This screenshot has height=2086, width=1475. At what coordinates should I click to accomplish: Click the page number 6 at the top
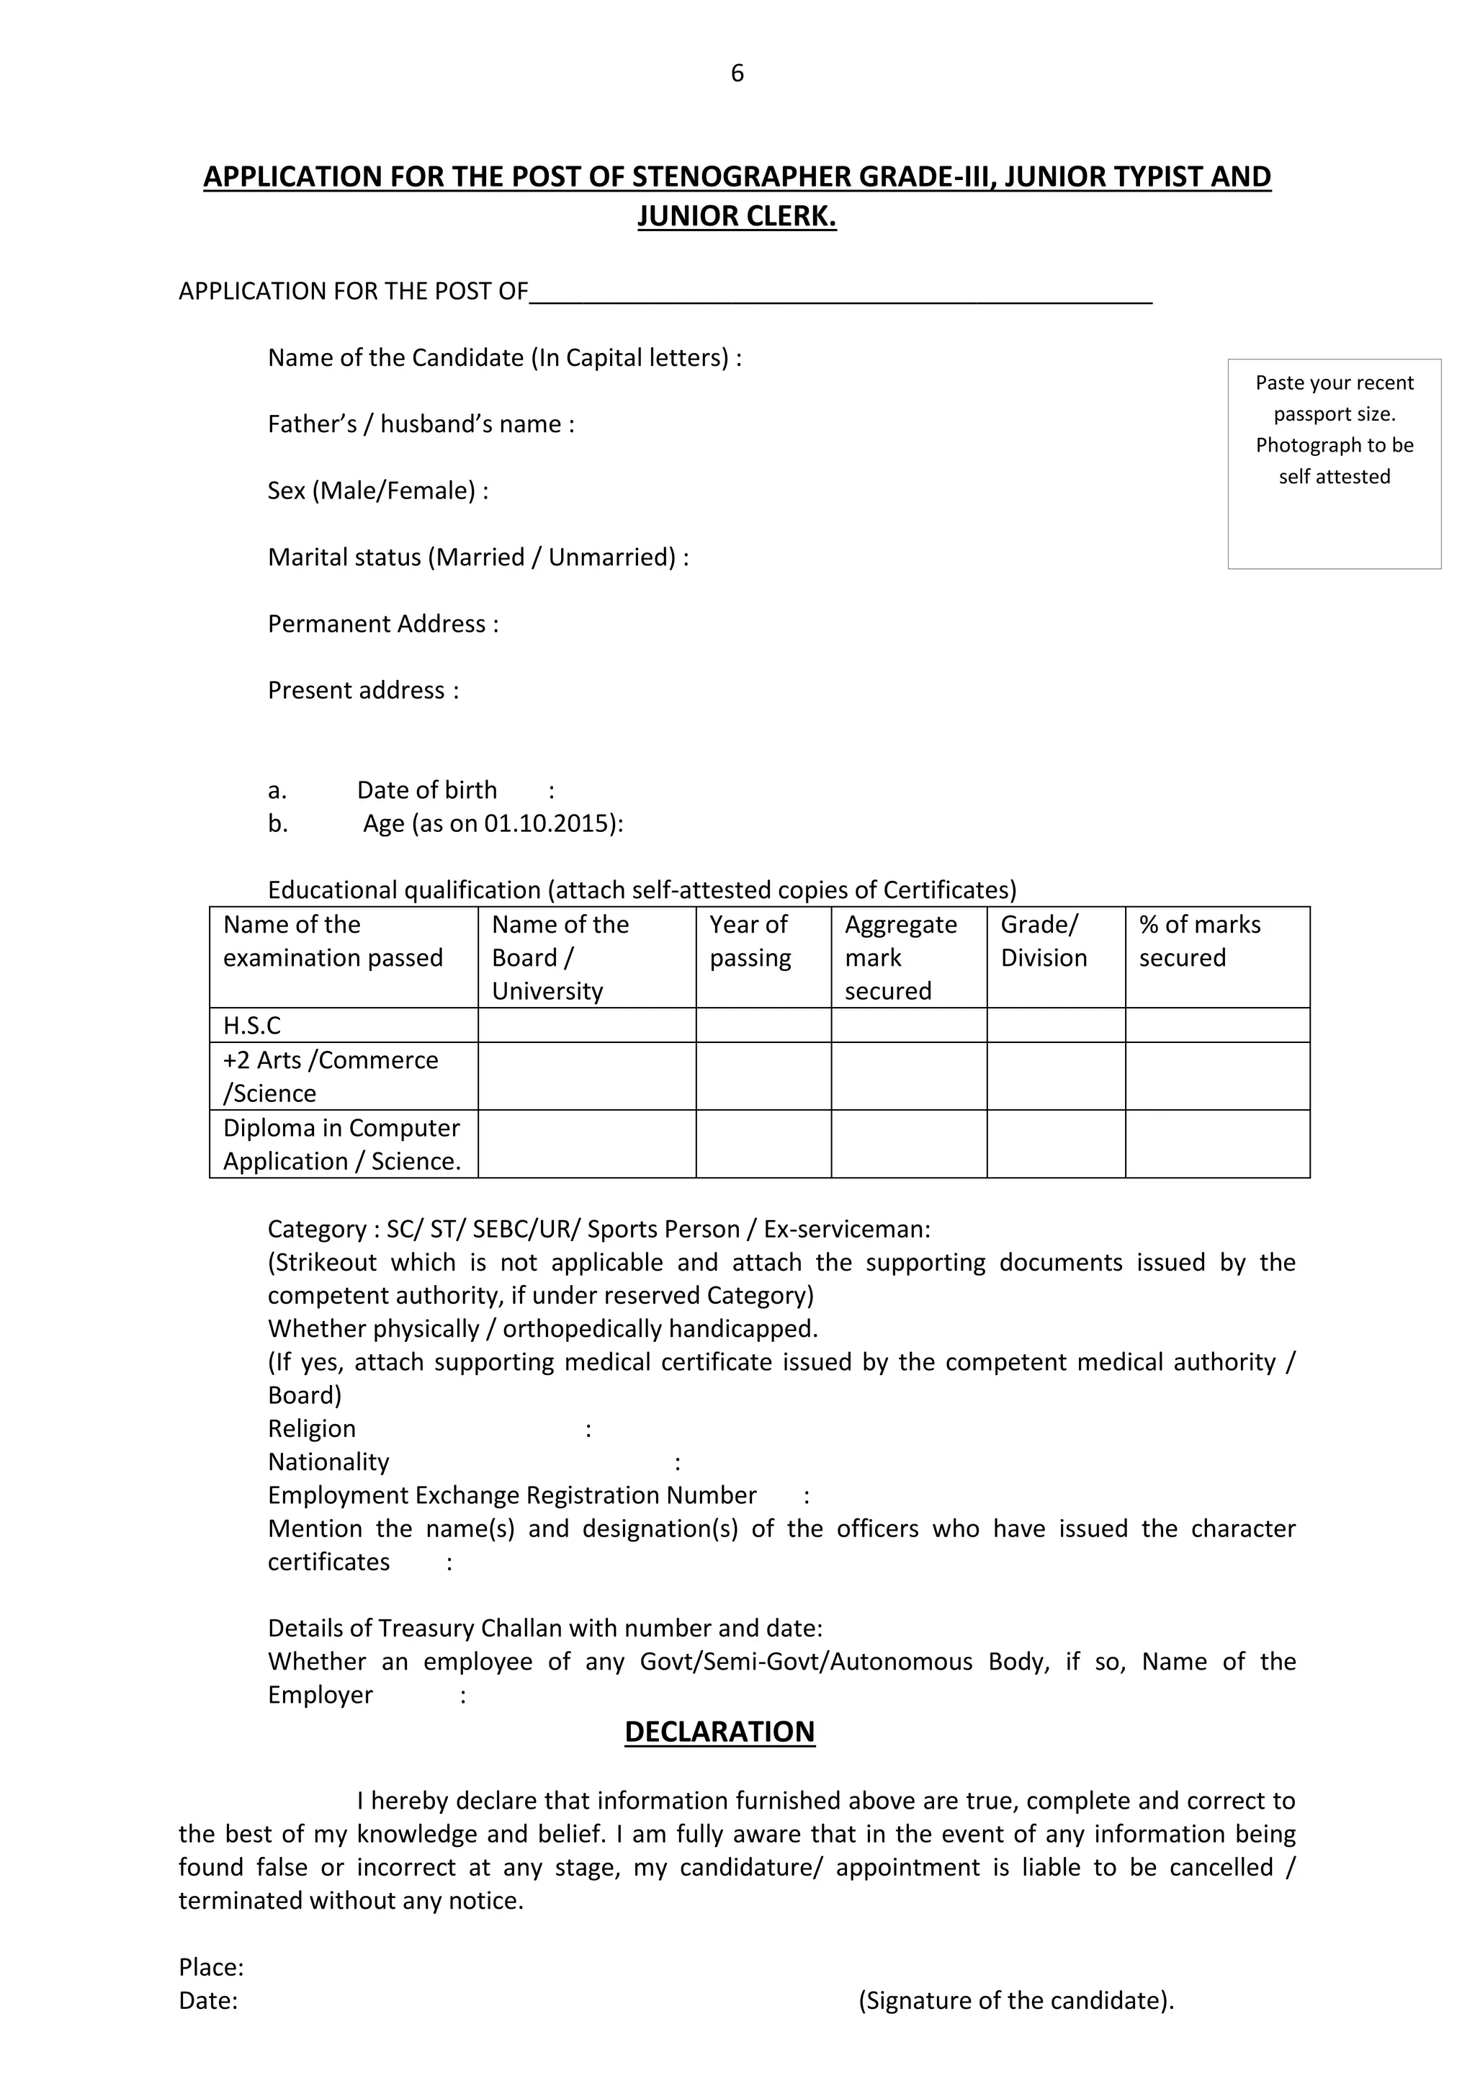coord(737,73)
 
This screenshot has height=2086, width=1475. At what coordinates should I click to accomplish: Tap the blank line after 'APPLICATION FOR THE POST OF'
coord(840,292)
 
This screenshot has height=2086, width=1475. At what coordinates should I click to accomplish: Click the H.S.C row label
coord(253,1025)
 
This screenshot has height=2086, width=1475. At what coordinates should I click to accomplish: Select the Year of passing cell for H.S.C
coord(763,1025)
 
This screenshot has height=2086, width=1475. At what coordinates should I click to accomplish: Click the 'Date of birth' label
coord(427,789)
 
